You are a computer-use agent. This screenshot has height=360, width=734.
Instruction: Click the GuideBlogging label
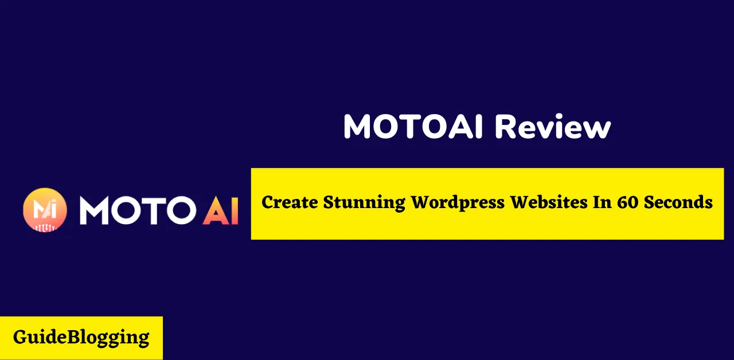(x=81, y=337)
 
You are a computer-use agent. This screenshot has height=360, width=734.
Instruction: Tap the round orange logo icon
(x=45, y=210)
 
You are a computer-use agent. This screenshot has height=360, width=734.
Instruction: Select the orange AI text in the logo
(x=220, y=210)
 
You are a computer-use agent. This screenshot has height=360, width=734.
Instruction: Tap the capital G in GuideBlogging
(x=20, y=337)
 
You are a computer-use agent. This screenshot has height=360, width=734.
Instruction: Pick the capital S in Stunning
(x=329, y=202)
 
